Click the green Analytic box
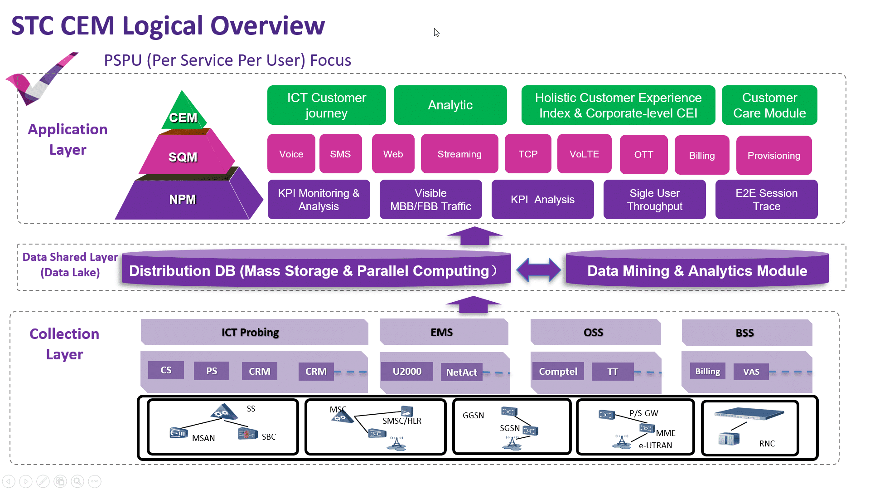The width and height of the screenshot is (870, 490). [450, 105]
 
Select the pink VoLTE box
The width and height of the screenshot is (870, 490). [584, 154]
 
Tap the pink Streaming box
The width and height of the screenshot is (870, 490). [459, 154]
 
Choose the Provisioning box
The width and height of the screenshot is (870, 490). [774, 155]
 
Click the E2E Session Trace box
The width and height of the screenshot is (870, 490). [767, 200]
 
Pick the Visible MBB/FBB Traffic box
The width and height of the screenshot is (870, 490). [430, 200]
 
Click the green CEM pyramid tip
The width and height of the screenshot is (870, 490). [183, 111]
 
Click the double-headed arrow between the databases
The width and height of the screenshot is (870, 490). [539, 270]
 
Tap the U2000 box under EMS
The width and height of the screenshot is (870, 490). [407, 372]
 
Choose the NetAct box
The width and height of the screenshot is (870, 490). [462, 372]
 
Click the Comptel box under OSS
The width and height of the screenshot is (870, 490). [558, 372]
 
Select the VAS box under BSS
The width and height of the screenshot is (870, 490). [751, 372]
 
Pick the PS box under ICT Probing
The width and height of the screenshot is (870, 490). [212, 371]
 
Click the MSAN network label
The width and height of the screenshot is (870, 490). [203, 438]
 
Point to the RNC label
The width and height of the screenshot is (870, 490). [767, 443]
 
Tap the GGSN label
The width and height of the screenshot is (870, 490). [473, 415]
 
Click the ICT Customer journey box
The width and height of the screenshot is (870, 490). [326, 105]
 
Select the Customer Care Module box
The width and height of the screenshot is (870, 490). [769, 105]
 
